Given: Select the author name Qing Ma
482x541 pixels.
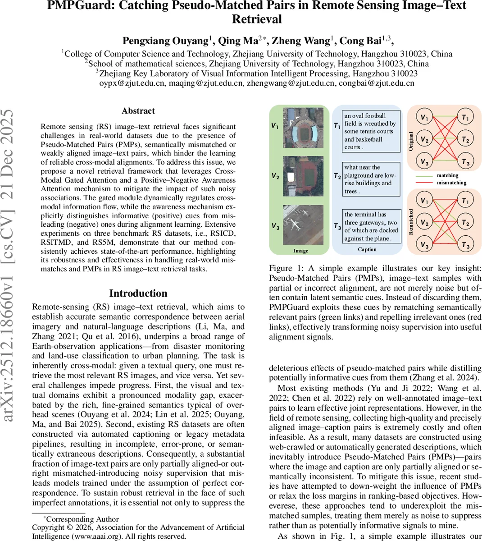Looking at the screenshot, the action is [237, 41].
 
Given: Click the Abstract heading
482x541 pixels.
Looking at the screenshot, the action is [138, 111].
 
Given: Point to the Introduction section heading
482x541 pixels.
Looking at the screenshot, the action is [138, 293].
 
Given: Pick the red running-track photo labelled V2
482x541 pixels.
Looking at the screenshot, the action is [303, 176].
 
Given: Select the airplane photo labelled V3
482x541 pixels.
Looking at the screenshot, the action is [303, 225].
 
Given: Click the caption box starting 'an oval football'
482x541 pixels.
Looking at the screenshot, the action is [371, 131].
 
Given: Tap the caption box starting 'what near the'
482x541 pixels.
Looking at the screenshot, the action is [371, 179].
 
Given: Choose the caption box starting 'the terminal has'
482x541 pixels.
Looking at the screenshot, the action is [371, 226].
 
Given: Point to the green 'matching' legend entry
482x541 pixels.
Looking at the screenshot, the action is [447, 175].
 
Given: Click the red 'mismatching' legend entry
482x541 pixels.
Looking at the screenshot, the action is [450, 183].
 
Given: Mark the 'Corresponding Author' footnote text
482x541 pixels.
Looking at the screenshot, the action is [82, 519].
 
